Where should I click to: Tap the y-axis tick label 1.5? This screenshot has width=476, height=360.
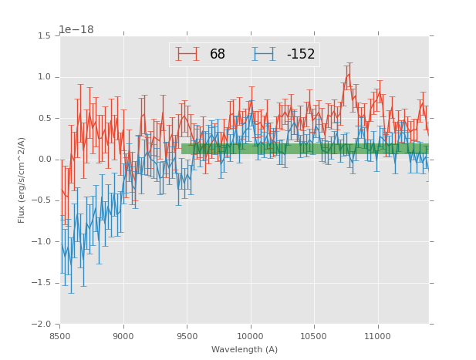click(44, 36)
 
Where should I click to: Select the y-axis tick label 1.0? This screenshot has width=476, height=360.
click(44, 77)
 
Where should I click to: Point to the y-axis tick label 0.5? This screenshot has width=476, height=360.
click(44, 119)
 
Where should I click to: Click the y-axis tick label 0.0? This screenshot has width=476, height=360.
click(44, 160)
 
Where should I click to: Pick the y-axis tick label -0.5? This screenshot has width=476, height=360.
click(42, 200)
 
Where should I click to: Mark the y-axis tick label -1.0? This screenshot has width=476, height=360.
click(42, 242)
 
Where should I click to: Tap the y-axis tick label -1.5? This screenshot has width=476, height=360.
click(42, 283)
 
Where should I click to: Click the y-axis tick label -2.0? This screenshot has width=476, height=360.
click(42, 324)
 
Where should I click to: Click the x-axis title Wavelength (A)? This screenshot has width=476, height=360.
click(245, 349)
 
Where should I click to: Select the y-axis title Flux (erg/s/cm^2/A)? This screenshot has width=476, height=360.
click(22, 180)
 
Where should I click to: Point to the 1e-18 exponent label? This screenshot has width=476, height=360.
click(76, 30)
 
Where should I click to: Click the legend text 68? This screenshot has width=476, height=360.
click(218, 55)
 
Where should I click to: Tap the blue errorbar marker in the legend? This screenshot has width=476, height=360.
click(264, 54)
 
